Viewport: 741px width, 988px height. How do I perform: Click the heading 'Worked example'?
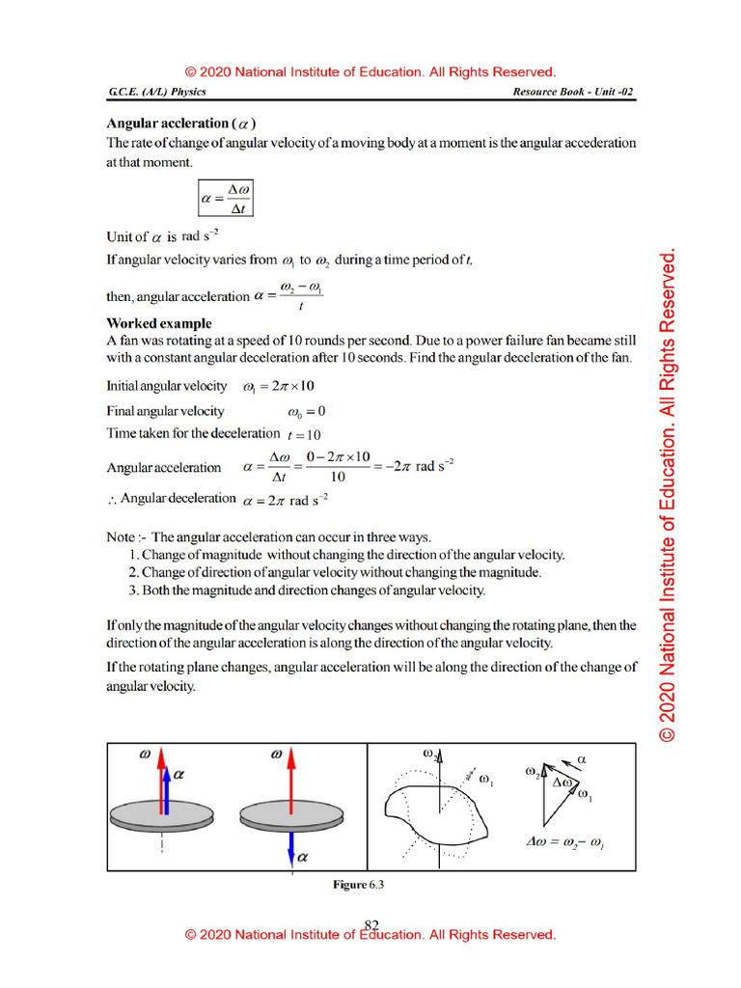pyautogui.click(x=158, y=323)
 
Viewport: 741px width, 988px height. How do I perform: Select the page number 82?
pyautogui.click(x=371, y=924)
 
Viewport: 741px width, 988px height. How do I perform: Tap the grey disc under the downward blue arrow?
pyautogui.click(x=291, y=816)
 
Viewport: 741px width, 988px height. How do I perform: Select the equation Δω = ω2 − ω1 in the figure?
pyautogui.click(x=565, y=841)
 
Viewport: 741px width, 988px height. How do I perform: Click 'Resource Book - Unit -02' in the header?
pyautogui.click(x=575, y=93)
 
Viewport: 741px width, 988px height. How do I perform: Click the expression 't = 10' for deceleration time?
pyautogui.click(x=304, y=434)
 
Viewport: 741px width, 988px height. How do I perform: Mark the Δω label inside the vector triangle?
pyautogui.click(x=563, y=781)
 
